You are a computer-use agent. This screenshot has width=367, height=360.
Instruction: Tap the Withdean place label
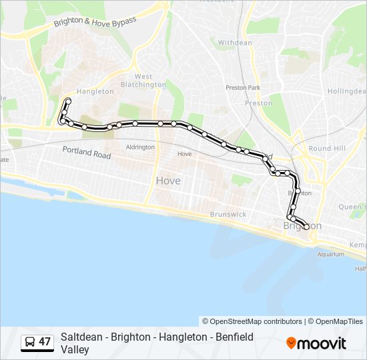coord(235,43)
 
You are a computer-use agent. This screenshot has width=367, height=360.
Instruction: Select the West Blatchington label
coord(143,81)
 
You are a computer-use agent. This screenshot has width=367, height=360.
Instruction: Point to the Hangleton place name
coord(95,91)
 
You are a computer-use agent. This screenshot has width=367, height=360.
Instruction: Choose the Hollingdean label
coord(347,91)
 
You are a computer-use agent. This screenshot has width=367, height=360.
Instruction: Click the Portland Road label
coord(87,153)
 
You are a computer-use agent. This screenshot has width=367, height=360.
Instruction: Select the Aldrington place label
coord(140,147)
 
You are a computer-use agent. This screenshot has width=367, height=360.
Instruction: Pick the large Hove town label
coord(168,181)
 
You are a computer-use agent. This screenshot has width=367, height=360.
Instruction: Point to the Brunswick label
coord(228,214)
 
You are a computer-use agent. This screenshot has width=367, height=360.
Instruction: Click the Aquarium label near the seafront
coord(331,254)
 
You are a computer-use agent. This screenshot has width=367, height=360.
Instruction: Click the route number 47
coord(45,342)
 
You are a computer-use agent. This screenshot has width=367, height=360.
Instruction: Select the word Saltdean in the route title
coord(79,337)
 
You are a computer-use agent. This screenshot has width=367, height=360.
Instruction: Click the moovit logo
coord(316,343)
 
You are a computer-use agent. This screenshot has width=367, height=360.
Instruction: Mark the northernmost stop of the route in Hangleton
coord(68,100)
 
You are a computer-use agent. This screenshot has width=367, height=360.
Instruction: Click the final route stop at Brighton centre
coord(306,227)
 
